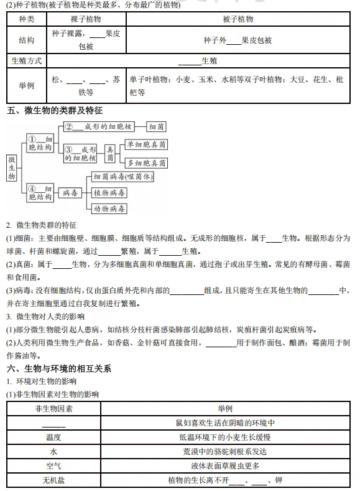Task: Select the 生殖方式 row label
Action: click(27, 61)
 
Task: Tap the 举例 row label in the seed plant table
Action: click(27, 85)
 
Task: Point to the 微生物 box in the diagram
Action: click(12, 168)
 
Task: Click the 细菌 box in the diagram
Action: click(157, 127)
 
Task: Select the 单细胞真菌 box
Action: click(146, 144)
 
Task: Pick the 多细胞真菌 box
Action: click(146, 163)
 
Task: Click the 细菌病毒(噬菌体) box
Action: click(122, 177)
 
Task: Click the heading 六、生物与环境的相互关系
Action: click(59, 368)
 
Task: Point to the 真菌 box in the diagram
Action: click(111, 154)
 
